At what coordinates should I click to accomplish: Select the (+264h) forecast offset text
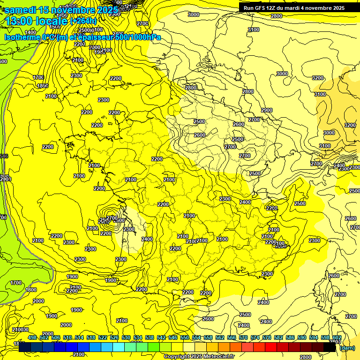pos(84,21)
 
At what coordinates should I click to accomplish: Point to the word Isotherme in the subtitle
pos(21,37)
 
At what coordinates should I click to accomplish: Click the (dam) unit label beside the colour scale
pos(347,347)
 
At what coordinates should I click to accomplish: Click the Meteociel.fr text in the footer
pos(219,356)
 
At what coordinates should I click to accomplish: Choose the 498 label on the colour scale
pos(32,337)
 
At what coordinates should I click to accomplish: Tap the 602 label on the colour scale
pos(337,337)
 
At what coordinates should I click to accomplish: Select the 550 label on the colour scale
pos(185,337)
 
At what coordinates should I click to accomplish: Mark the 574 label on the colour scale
pos(255,337)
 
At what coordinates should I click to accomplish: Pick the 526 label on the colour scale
pos(114,337)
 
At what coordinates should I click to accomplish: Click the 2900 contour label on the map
pos(266,110)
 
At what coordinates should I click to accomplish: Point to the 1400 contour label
pos(30,32)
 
